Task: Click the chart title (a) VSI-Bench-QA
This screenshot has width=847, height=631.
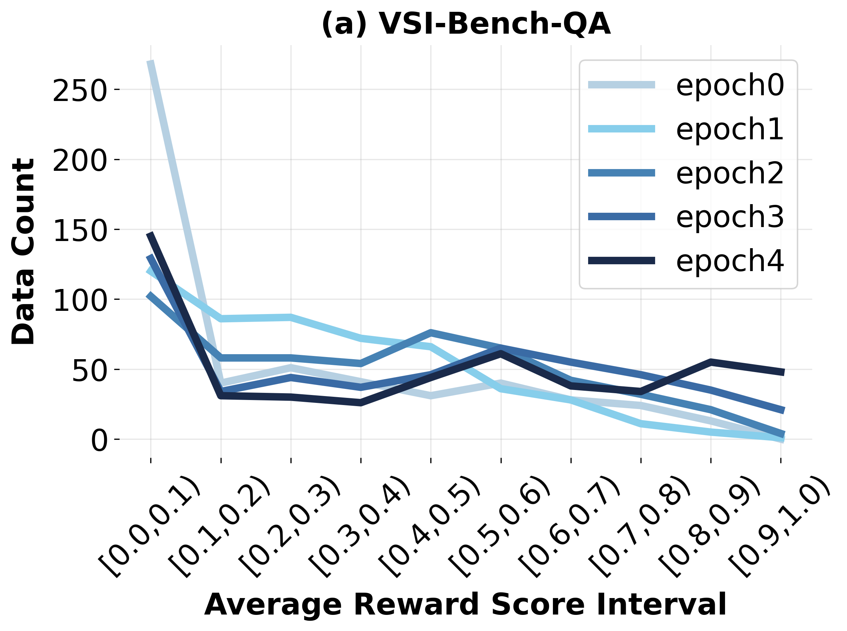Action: pyautogui.click(x=465, y=24)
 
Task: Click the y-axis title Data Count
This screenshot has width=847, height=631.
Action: pyautogui.click(x=24, y=252)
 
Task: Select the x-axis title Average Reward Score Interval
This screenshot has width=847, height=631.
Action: pyautogui.click(x=465, y=604)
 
